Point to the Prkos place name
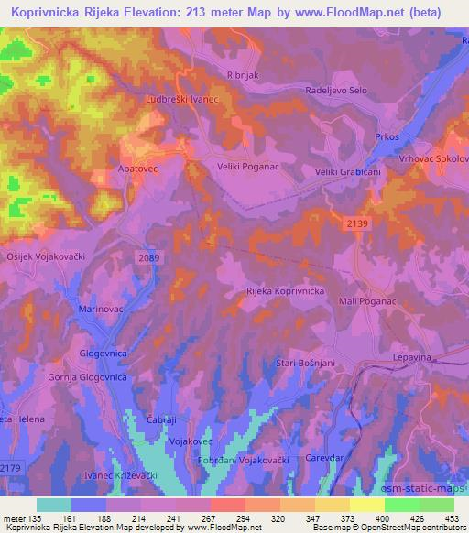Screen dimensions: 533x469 [x=387, y=136]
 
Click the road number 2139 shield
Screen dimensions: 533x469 [x=358, y=223]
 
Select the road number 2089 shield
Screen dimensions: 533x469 [x=149, y=259]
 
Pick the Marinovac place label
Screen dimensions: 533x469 [x=102, y=310]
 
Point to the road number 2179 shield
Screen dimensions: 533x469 [x=11, y=469]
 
